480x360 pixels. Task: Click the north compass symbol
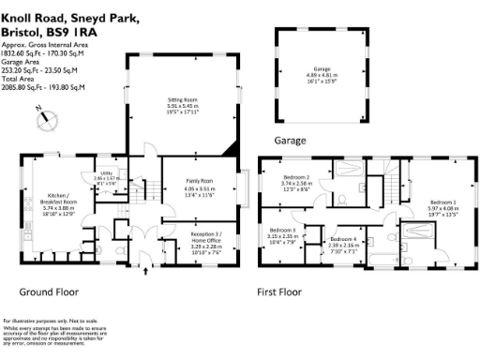point(39,118)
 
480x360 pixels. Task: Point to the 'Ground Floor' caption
point(49,292)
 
